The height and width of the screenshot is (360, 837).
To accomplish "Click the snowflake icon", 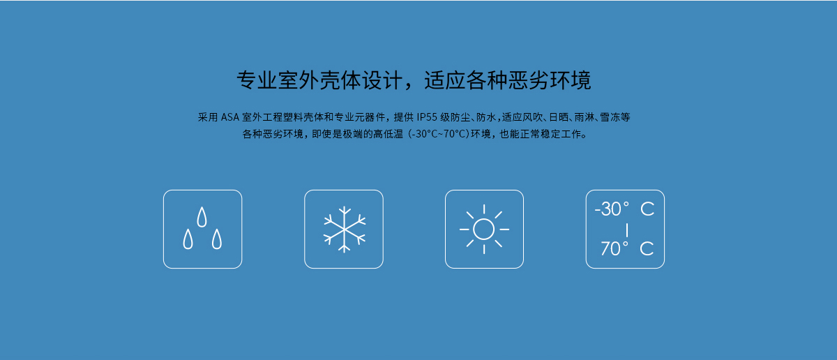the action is click(x=344, y=229).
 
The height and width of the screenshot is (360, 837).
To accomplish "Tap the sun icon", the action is click(x=484, y=229).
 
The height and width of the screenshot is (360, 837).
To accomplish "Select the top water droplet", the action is click(x=202, y=217).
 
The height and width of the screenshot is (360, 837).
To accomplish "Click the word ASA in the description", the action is click(x=229, y=117).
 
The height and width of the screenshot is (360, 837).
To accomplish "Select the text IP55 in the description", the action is click(x=427, y=117).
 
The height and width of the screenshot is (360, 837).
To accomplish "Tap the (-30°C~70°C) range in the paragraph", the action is click(x=439, y=134).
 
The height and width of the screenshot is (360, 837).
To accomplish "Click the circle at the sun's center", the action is click(x=483, y=229).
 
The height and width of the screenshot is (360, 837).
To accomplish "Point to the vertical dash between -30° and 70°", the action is click(x=626, y=230).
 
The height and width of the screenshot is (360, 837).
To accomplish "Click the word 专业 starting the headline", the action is click(x=257, y=80).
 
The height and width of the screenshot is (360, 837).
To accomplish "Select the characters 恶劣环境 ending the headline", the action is click(x=550, y=80).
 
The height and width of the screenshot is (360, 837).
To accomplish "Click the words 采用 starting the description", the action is click(x=208, y=117).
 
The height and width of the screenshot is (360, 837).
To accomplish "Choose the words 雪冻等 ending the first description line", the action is click(x=615, y=117).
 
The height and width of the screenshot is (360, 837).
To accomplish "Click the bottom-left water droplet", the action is click(x=188, y=239).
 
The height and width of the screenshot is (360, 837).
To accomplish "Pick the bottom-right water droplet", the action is click(x=217, y=239).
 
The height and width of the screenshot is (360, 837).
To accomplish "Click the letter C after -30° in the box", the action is click(x=647, y=209).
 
